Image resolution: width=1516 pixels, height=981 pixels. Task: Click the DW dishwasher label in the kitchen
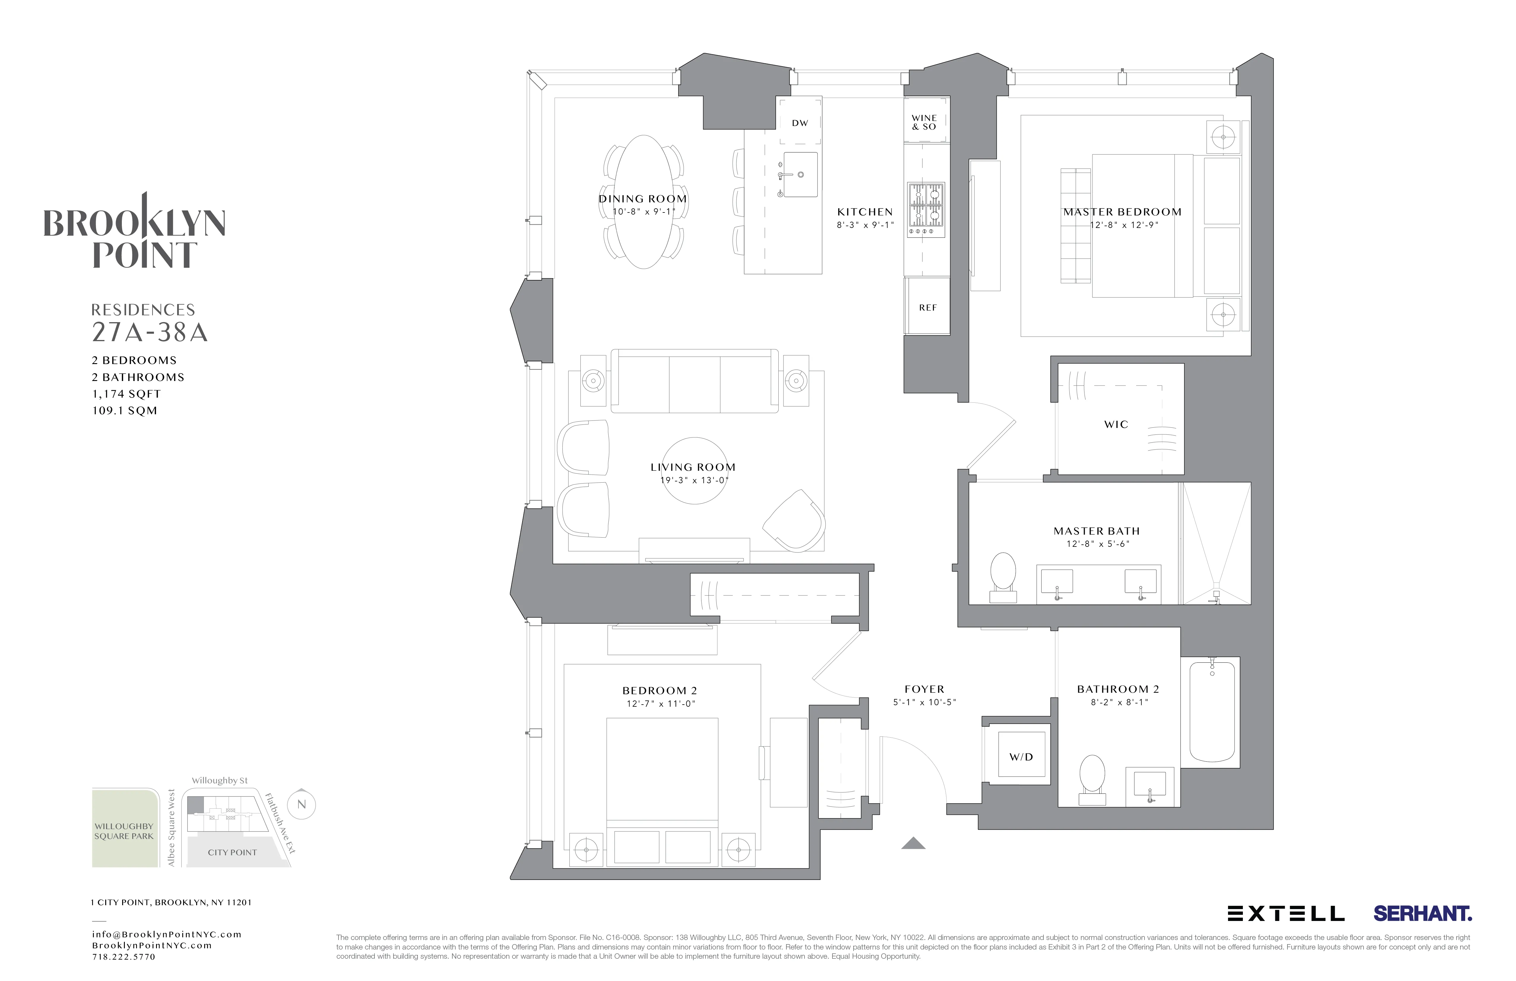click(x=799, y=123)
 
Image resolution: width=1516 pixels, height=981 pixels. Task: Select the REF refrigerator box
click(x=928, y=308)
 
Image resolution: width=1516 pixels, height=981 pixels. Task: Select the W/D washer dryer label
click(x=1021, y=757)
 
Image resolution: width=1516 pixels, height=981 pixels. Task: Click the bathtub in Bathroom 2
click(x=1212, y=711)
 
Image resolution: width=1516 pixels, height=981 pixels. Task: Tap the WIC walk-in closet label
click(x=1116, y=424)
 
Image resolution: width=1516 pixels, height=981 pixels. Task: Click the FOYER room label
click(x=924, y=689)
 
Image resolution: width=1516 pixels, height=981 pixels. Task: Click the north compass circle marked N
click(x=301, y=804)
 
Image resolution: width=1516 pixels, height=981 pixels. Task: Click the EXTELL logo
click(x=1285, y=914)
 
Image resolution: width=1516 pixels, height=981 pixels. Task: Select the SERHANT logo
click(x=1422, y=914)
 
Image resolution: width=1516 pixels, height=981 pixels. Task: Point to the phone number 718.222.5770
click(x=124, y=957)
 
